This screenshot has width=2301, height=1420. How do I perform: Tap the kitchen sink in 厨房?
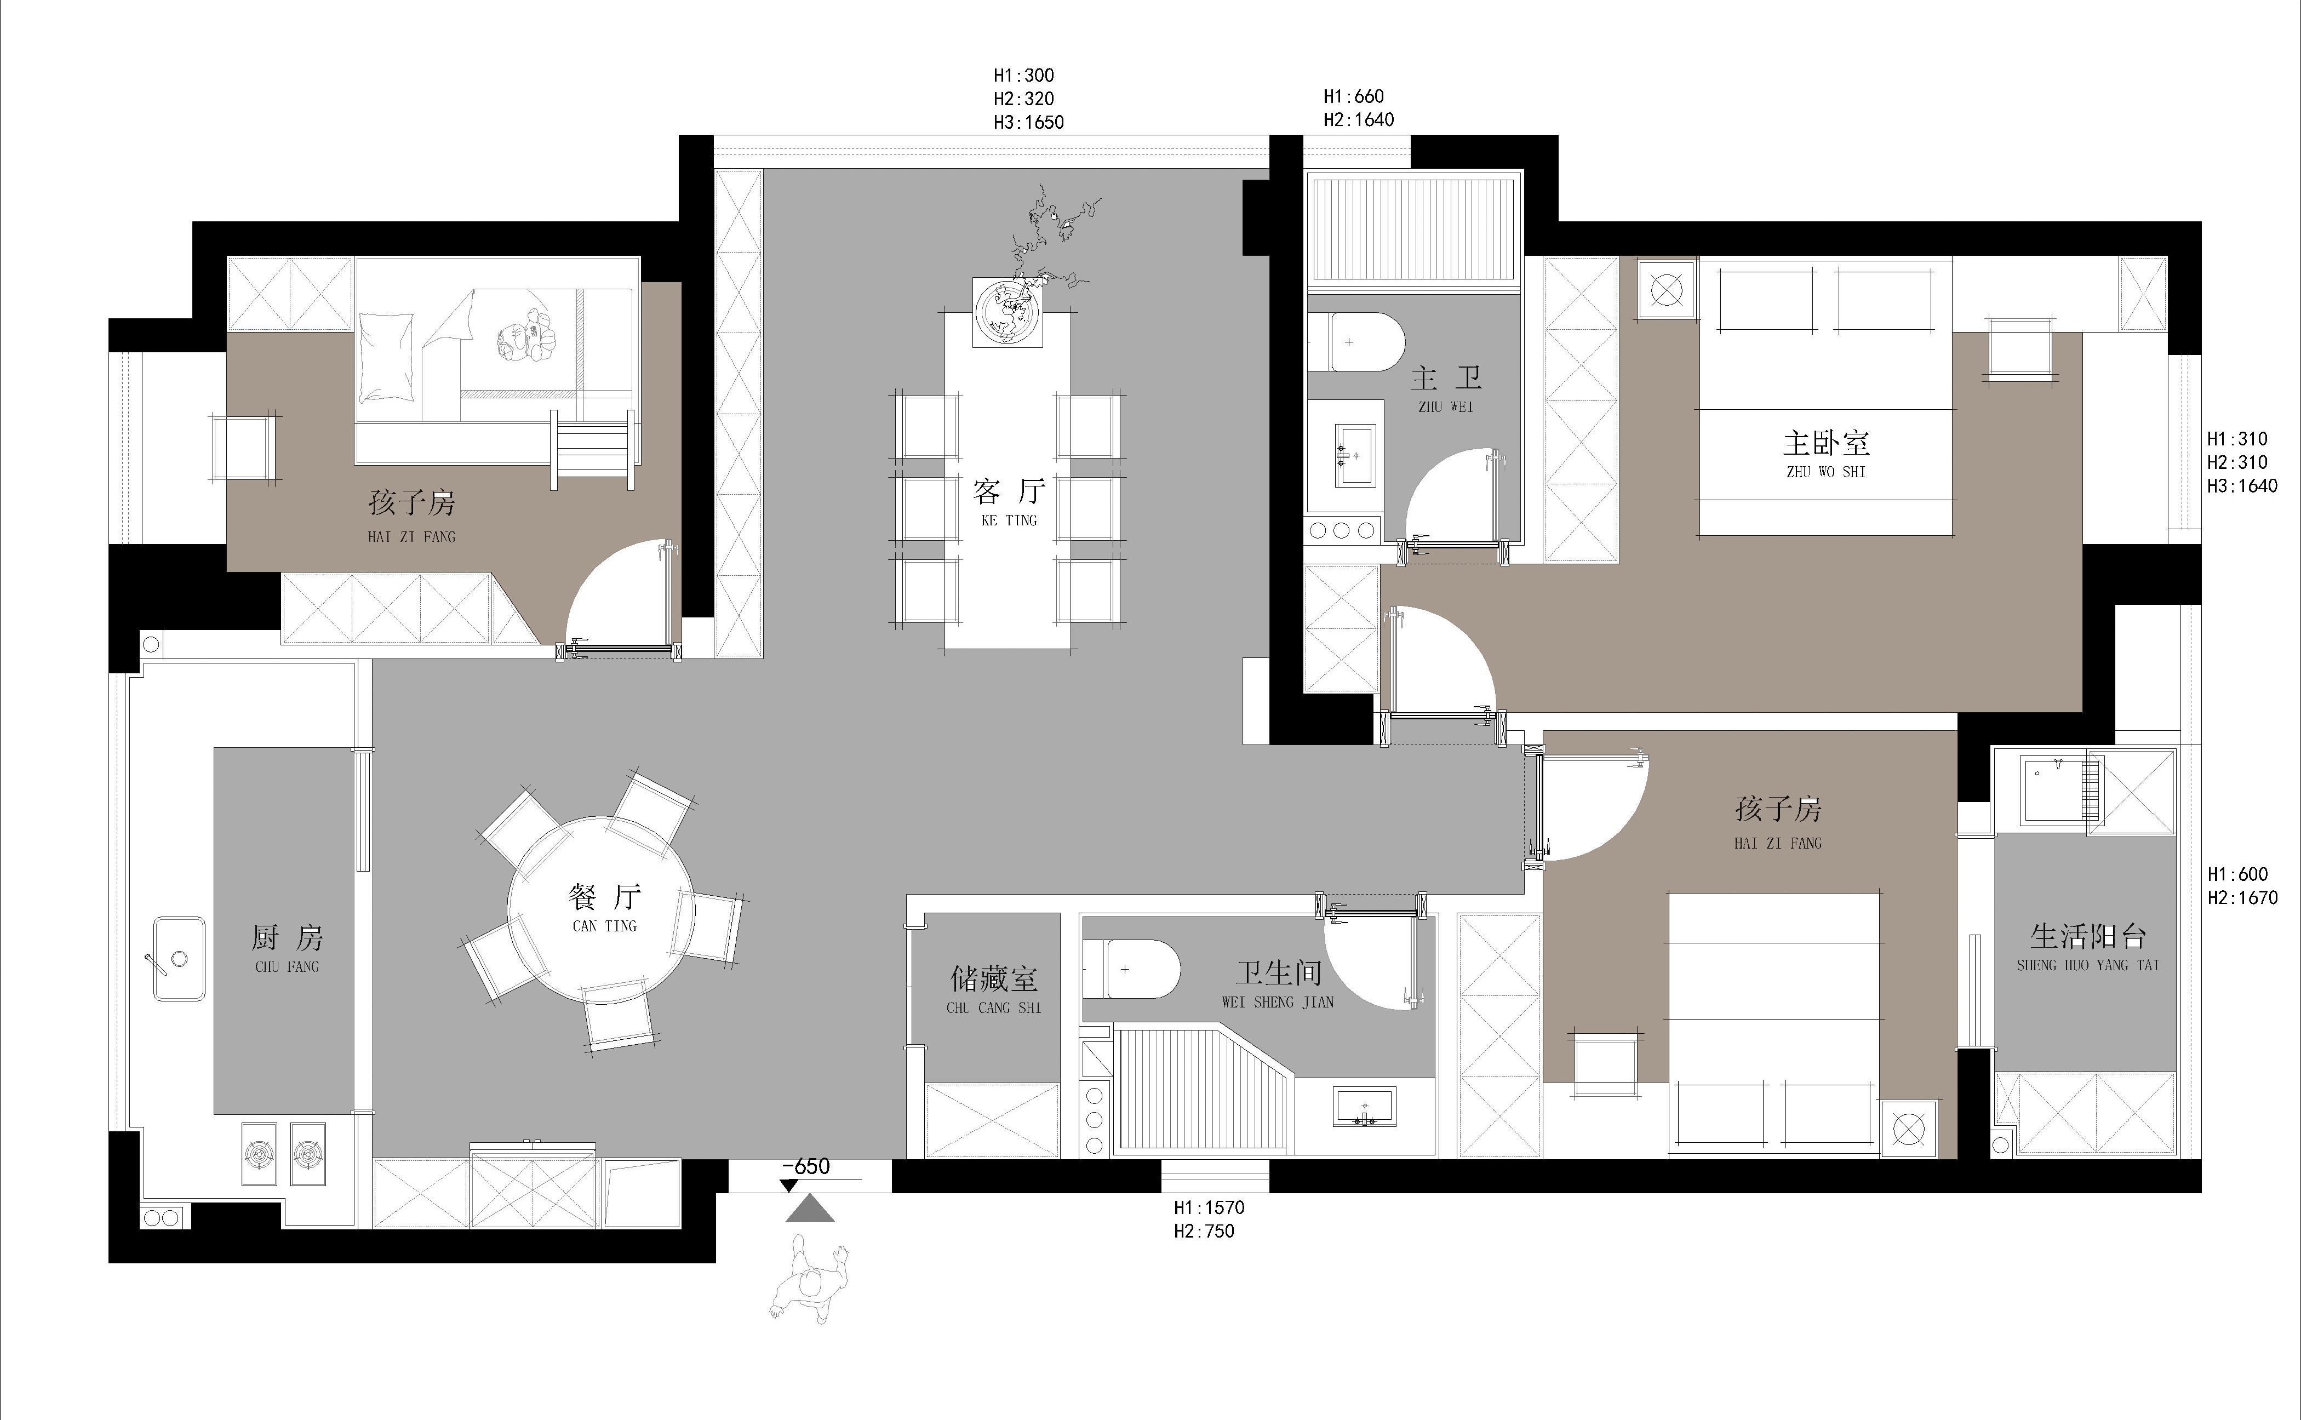point(179,959)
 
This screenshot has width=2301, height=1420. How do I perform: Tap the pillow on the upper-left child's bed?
point(386,357)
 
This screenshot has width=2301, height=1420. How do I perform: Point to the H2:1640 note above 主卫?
point(1358,119)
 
